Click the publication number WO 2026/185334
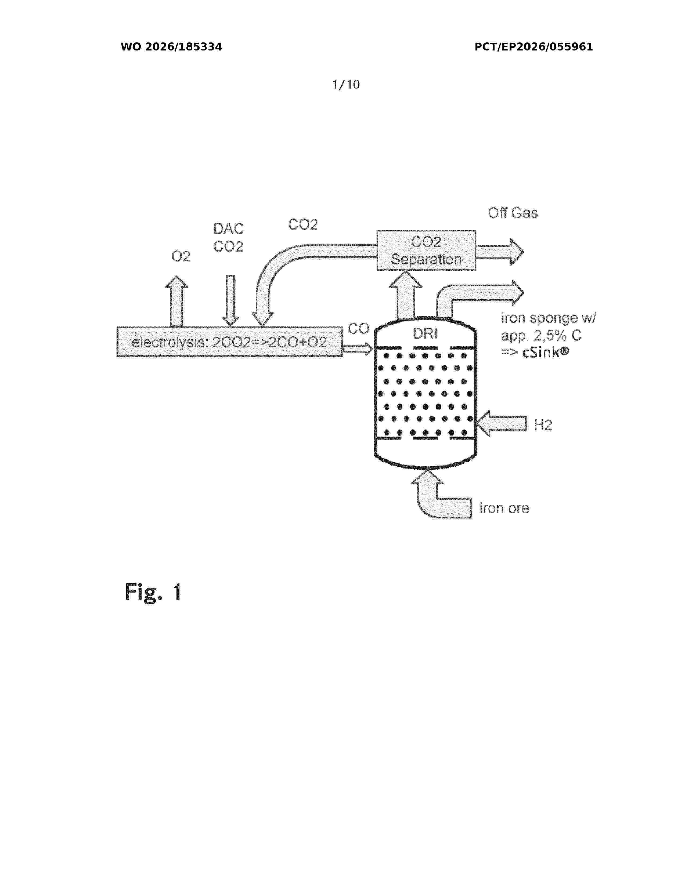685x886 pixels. pyautogui.click(x=171, y=47)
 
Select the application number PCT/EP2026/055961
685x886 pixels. pyautogui.click(x=534, y=47)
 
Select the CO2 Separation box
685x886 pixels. pyautogui.click(x=426, y=250)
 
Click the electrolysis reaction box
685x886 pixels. pyautogui.click(x=229, y=342)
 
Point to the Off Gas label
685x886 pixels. pyautogui.click(x=513, y=213)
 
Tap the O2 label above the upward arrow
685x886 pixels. pyautogui.click(x=181, y=256)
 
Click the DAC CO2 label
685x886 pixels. pyautogui.click(x=229, y=237)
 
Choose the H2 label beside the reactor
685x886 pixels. pyautogui.click(x=543, y=425)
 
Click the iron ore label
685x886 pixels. pyautogui.click(x=504, y=508)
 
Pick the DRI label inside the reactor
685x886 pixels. pyautogui.click(x=425, y=334)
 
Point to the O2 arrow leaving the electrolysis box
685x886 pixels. pyautogui.click(x=176, y=301)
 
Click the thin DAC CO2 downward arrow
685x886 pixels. pyautogui.click(x=230, y=300)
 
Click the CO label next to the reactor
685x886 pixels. pyautogui.click(x=358, y=329)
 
